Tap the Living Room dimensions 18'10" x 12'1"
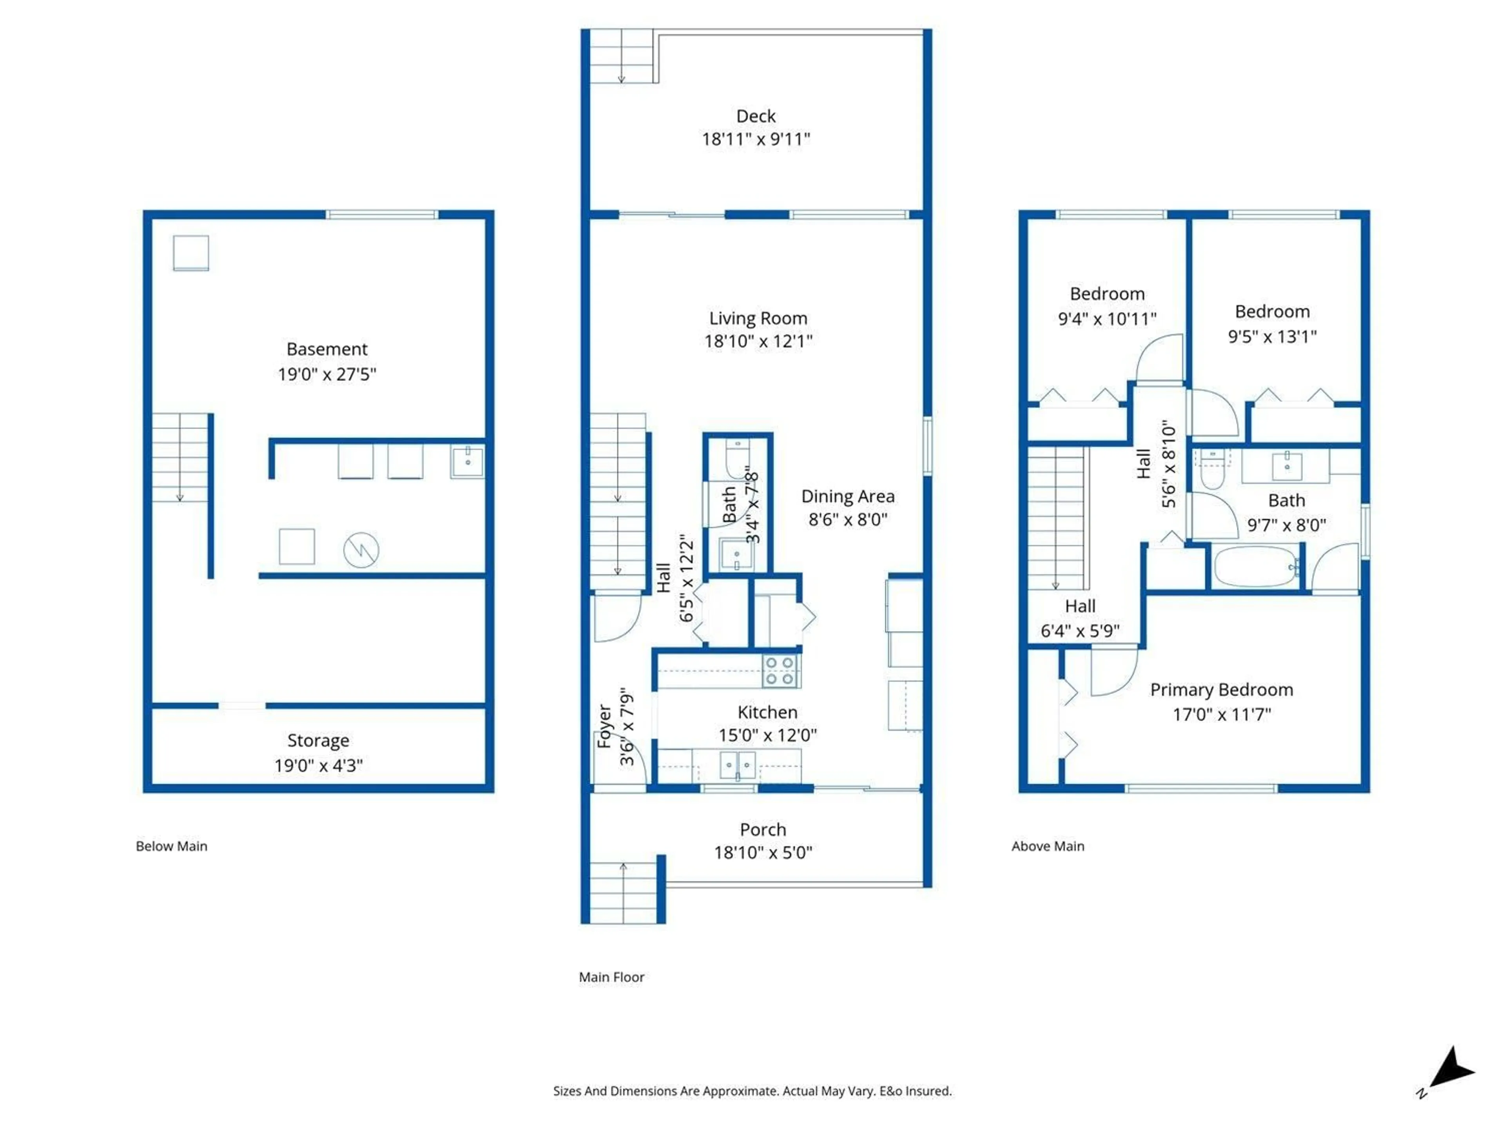[x=758, y=341]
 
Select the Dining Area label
[x=848, y=496]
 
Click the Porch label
[x=763, y=830]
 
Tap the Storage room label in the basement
[x=318, y=741]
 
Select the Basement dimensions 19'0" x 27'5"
[x=326, y=374]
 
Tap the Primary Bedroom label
[x=1221, y=690]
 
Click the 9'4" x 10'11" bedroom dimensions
[x=1107, y=318]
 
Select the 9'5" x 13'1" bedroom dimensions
[x=1272, y=336]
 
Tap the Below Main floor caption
[x=171, y=846]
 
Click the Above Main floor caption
[x=1047, y=846]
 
